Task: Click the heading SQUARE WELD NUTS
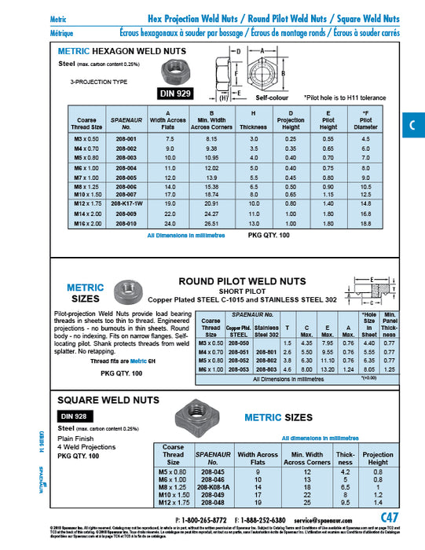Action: click(x=97, y=400)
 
